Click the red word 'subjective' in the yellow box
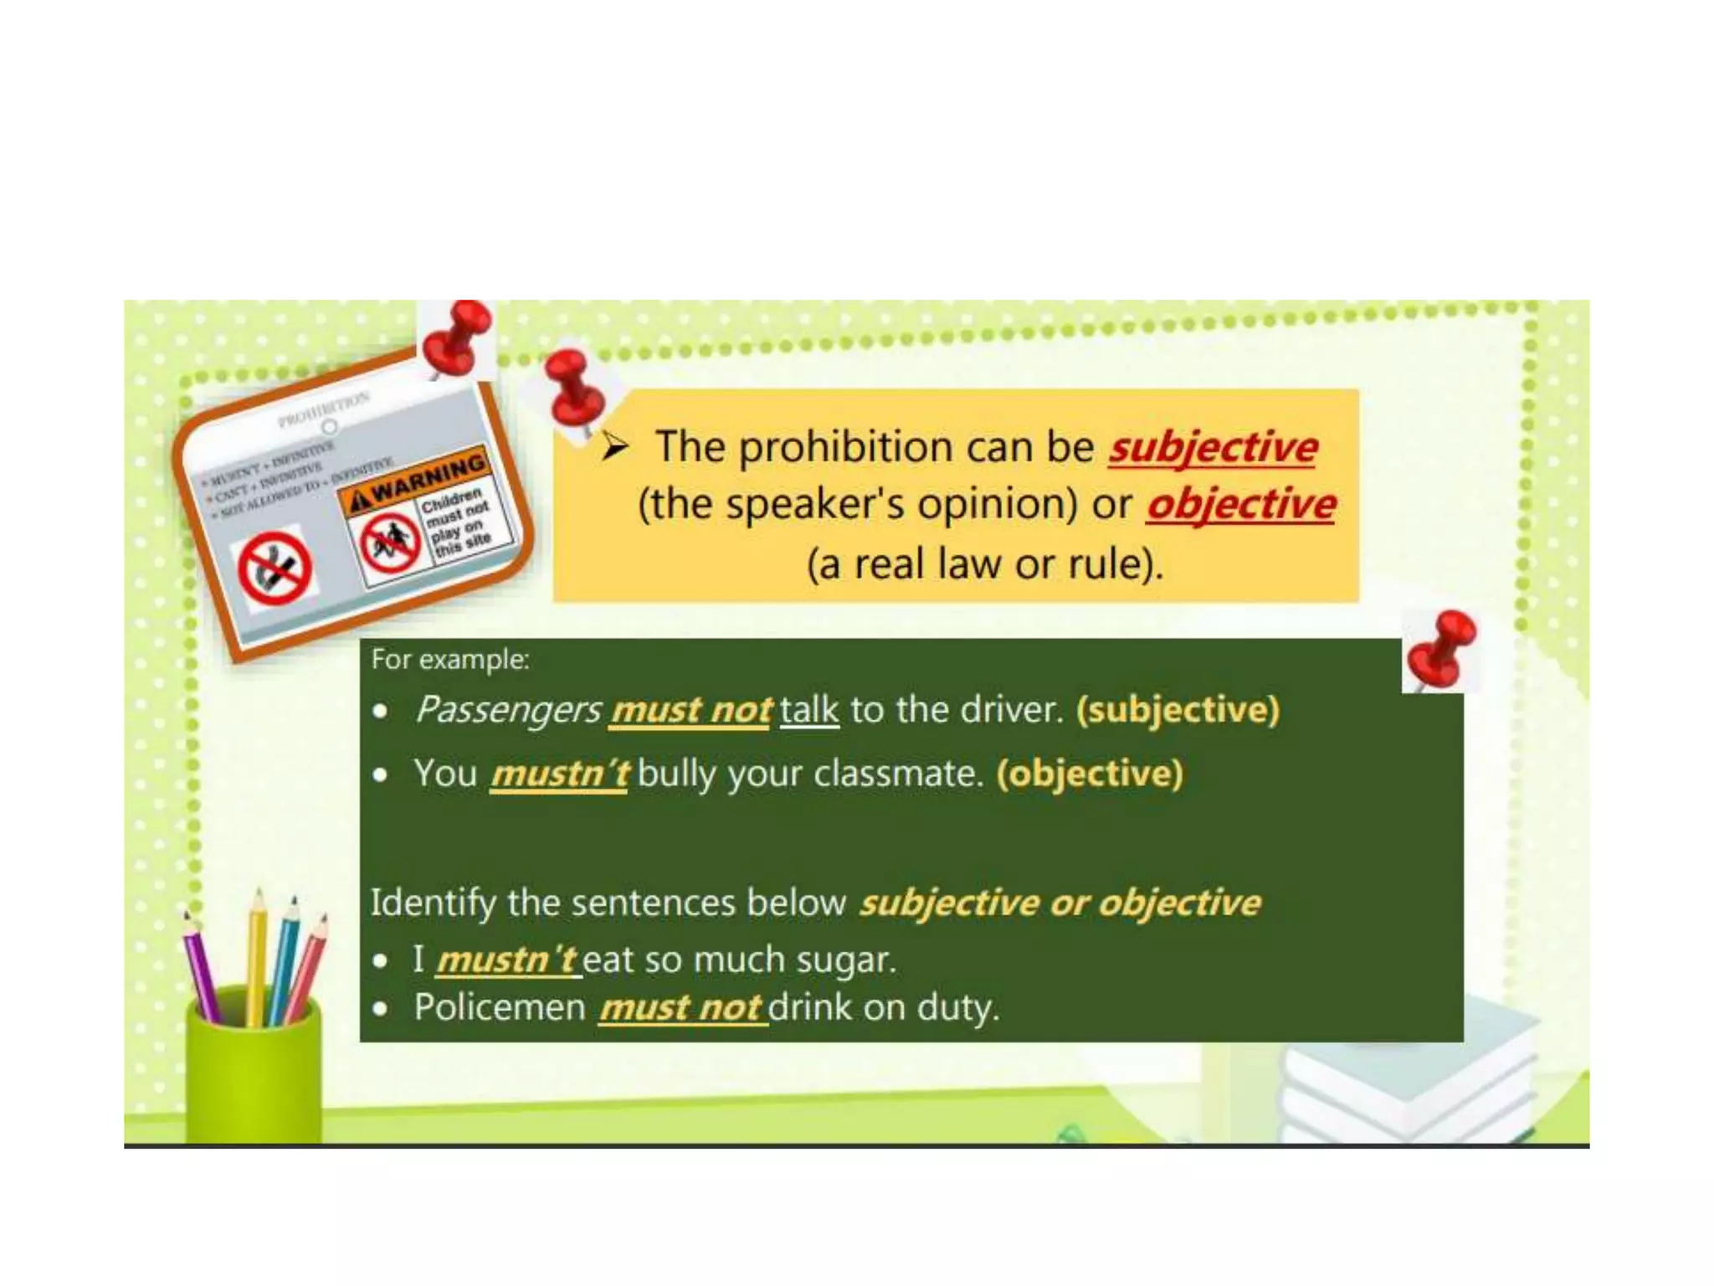1213,447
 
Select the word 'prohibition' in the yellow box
845,447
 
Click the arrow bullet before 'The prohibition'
615,447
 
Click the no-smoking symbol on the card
275,568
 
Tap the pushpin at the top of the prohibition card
456,337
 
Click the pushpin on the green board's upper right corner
1441,648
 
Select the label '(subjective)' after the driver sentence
1178,710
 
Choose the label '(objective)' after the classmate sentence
1090,774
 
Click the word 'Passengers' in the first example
508,710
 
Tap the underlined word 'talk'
808,710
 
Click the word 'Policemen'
500,1007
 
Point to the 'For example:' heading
450,660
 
